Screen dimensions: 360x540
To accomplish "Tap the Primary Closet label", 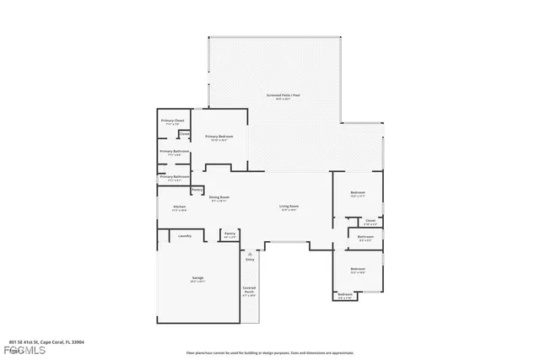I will (x=173, y=121).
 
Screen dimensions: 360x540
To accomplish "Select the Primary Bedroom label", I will (x=219, y=136).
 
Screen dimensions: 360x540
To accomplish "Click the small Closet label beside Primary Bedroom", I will (x=184, y=133).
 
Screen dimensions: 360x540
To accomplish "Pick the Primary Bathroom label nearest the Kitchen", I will (x=174, y=177).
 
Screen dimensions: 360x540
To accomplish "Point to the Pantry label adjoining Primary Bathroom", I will (x=197, y=190).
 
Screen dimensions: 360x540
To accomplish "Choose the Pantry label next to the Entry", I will (x=229, y=234).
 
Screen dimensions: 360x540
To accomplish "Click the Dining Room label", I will (x=219, y=197).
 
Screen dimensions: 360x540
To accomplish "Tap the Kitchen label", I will (x=179, y=207).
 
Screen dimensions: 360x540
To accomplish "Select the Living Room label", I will (x=289, y=207).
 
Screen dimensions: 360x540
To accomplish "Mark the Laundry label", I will (x=185, y=235).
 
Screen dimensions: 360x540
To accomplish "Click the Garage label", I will (x=197, y=277).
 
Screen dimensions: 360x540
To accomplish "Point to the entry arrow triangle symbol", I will (x=250, y=253).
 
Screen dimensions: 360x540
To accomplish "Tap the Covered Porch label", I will (x=249, y=291).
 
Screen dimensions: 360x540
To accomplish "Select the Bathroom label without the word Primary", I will (x=365, y=237).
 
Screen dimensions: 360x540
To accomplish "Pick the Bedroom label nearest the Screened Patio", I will (x=358, y=193).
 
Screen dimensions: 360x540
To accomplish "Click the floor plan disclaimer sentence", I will (x=270, y=352).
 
